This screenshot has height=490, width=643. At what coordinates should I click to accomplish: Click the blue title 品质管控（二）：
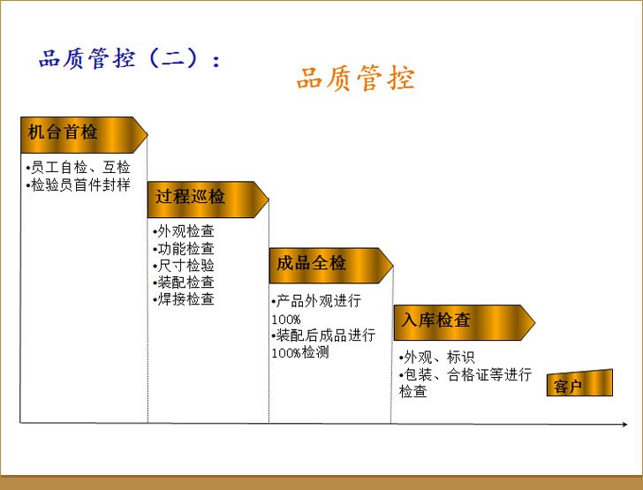click(x=130, y=58)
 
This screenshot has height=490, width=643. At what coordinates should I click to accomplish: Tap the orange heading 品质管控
click(x=356, y=78)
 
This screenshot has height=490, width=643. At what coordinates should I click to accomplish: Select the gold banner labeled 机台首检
click(x=84, y=135)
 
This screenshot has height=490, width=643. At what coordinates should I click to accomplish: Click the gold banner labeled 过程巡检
click(x=208, y=200)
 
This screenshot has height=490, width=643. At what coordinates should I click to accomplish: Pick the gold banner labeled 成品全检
click(x=331, y=266)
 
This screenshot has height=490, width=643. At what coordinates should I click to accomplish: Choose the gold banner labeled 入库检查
click(x=465, y=323)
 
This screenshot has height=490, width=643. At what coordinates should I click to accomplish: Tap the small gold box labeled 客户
click(x=579, y=383)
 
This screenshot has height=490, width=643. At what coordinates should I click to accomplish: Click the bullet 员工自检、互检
click(x=78, y=167)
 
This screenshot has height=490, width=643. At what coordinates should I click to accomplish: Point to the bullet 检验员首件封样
click(x=78, y=185)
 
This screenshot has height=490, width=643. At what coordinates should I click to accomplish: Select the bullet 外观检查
click(x=184, y=231)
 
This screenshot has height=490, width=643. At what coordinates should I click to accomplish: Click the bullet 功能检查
click(x=184, y=248)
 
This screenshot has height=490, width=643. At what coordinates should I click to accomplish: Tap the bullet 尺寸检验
click(x=184, y=265)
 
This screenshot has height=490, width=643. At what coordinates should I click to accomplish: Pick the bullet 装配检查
click(x=184, y=283)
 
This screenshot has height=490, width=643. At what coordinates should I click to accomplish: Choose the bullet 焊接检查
click(x=184, y=299)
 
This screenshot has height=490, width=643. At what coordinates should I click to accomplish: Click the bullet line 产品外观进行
click(x=316, y=301)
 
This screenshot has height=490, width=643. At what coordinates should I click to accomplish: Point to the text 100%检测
click(x=300, y=352)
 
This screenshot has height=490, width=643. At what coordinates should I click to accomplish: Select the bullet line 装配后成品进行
click(x=323, y=335)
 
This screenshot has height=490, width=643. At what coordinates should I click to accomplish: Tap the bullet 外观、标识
click(x=436, y=358)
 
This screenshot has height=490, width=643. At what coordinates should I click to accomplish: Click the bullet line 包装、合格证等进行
click(x=465, y=374)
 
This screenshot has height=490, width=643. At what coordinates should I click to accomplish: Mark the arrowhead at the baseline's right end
click(x=625, y=424)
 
